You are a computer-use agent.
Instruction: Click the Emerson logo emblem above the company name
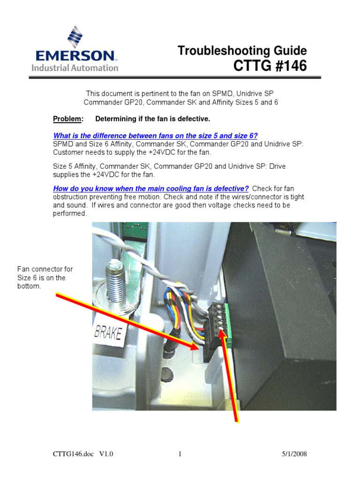click(x=75, y=37)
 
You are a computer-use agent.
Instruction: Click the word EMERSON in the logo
click(x=75, y=56)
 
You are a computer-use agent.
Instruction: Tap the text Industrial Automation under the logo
click(x=75, y=68)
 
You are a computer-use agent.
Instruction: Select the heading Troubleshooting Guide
click(x=242, y=51)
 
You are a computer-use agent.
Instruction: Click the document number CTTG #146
click(x=270, y=67)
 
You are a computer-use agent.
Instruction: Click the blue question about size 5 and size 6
click(x=155, y=135)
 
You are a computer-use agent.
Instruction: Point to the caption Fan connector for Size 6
click(x=45, y=277)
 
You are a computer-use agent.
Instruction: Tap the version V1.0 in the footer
click(x=106, y=454)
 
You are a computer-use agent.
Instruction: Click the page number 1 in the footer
click(x=180, y=454)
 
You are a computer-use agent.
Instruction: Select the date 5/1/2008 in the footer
click(x=294, y=454)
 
